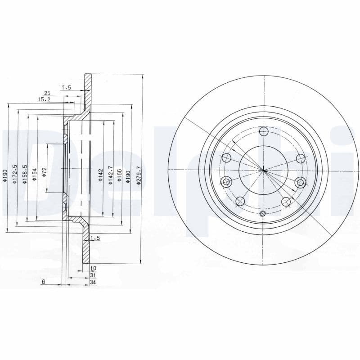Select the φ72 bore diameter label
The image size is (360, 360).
coord(44,171)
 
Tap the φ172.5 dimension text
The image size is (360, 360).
coord(15,173)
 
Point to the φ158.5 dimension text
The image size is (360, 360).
coord(25,173)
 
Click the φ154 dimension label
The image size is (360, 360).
coord(34,173)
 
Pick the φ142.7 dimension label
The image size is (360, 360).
coord(110,174)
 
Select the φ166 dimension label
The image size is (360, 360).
coord(120,174)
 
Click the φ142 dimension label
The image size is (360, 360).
coord(101,174)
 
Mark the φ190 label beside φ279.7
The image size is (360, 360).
coord(129,174)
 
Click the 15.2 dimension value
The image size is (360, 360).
coord(44,99)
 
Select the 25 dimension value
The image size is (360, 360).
coord(47,93)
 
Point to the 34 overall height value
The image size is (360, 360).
coord(93,282)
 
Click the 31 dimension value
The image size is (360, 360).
coord(93,274)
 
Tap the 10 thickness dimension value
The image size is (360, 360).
coord(93,268)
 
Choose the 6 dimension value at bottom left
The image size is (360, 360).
coord(43,282)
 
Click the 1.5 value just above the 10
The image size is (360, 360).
coord(94,237)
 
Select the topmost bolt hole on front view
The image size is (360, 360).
coord(264,131)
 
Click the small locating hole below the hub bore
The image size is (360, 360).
coord(264,213)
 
